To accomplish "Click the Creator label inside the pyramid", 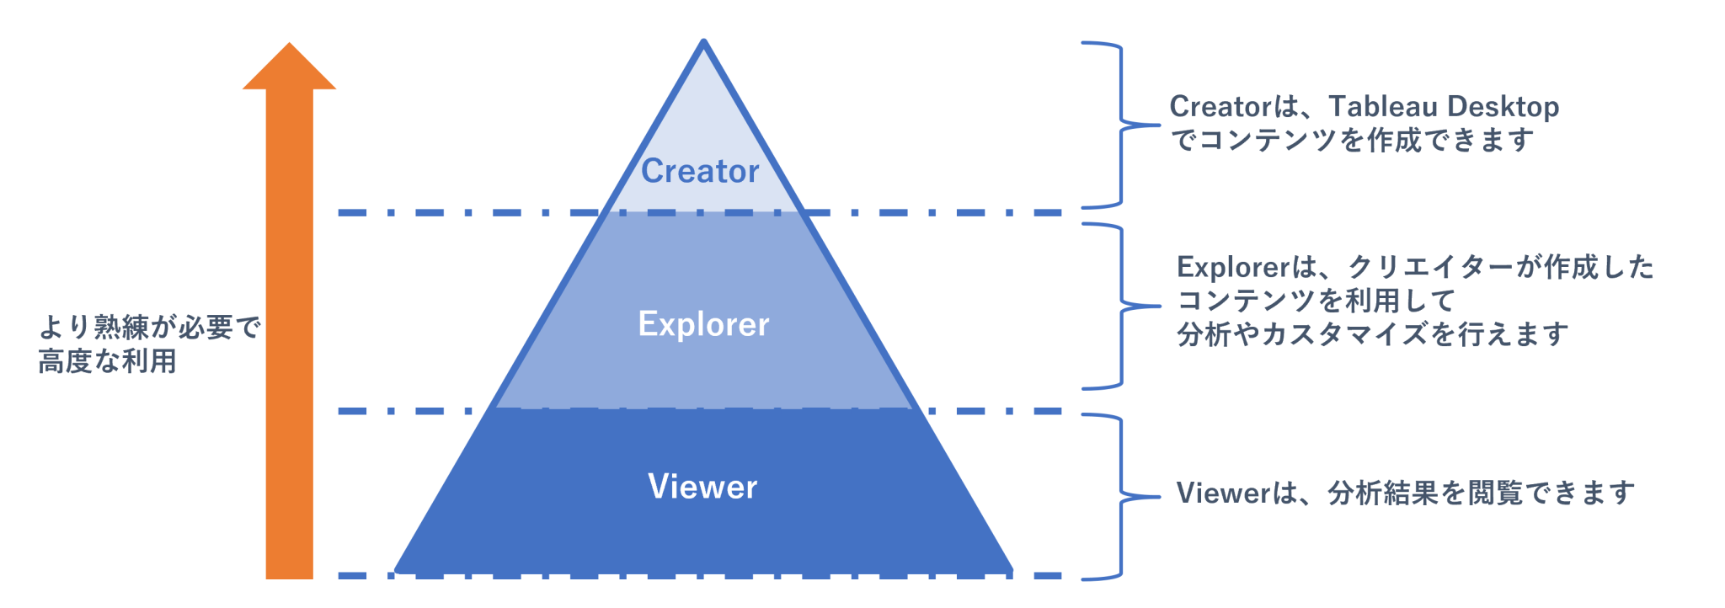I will [x=700, y=171].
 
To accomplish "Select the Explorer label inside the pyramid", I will [x=703, y=324].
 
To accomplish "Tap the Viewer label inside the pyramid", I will [x=702, y=487].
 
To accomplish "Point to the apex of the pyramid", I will [x=703, y=42].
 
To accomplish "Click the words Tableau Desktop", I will [x=1444, y=107].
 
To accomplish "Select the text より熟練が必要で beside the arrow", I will [x=150, y=327].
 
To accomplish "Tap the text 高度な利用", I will [x=108, y=361].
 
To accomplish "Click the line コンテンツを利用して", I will [x=1316, y=301].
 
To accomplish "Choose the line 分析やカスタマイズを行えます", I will [x=1372, y=334].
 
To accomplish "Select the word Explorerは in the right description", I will [x=1247, y=268].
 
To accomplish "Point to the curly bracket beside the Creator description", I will [x=1120, y=125].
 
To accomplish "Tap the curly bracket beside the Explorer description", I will [x=1121, y=306].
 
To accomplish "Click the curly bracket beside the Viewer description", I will [x=1121, y=497].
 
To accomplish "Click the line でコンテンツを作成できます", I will [x=1352, y=140].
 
